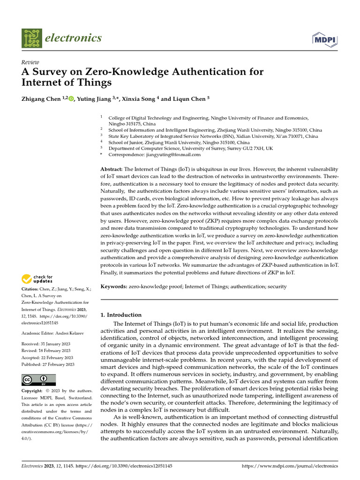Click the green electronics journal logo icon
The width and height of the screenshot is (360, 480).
pos(31,38)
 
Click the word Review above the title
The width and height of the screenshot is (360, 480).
pos(30,62)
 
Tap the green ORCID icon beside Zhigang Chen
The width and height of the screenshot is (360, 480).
pos(71,99)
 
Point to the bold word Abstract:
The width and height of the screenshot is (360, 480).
pos(112,169)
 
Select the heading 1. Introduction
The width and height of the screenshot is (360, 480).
pos(121,315)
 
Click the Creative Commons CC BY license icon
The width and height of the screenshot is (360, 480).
pos(39,380)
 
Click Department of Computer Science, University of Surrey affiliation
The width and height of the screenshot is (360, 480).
pos(189,148)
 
